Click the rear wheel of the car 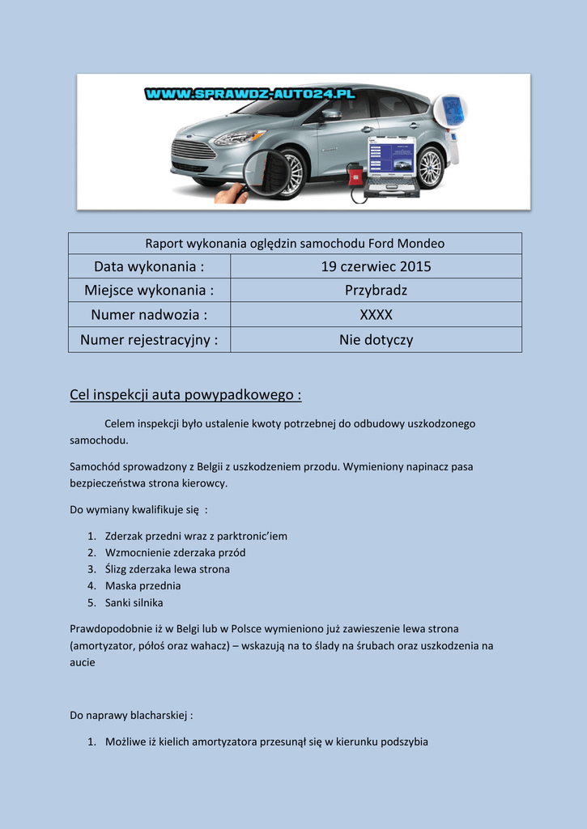429,167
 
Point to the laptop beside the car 392,166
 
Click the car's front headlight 238,137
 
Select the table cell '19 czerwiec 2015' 376,266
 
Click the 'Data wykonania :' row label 149,266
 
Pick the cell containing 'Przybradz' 376,291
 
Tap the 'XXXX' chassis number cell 376,315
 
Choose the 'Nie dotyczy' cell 376,340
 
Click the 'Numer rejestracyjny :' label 149,340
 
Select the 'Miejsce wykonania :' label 149,291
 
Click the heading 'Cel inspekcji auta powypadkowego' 185,395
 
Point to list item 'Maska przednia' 142,585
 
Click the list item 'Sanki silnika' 134,602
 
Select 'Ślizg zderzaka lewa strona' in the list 167,569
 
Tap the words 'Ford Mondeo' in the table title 406,244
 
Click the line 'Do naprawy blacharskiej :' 131,716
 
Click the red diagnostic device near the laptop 355,173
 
